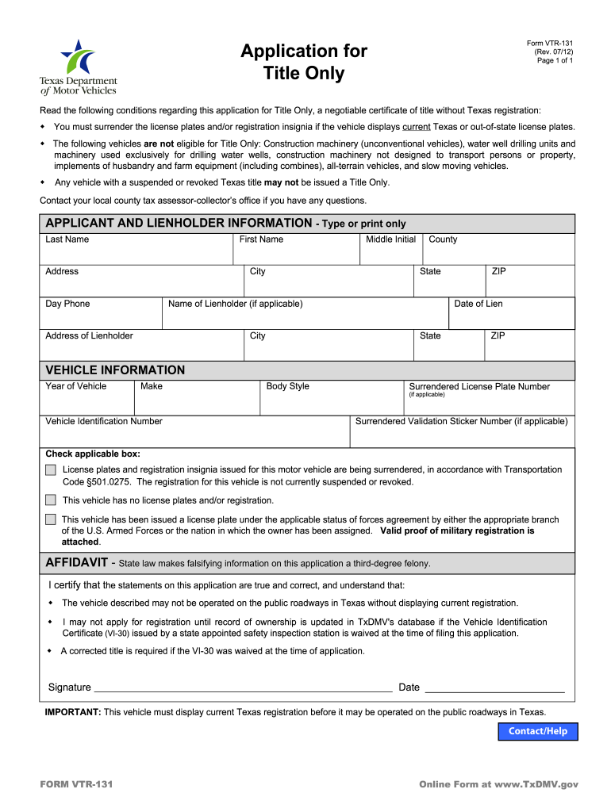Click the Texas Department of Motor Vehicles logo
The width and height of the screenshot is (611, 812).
click(79, 67)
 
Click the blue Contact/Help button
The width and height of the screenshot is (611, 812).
click(538, 731)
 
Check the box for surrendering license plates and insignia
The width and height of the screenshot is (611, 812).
click(51, 470)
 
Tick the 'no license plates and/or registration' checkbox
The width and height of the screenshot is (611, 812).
click(51, 500)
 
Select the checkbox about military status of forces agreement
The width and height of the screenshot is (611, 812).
click(51, 519)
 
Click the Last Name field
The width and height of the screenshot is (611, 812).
click(136, 252)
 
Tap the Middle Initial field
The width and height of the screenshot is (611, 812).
click(390, 252)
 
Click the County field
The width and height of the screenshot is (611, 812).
click(498, 252)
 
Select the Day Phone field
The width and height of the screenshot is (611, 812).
click(101, 317)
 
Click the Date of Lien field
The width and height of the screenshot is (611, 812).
click(511, 317)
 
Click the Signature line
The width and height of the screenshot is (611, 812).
click(242, 687)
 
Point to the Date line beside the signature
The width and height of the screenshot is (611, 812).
click(494, 687)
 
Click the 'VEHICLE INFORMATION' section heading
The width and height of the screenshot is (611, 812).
click(115, 370)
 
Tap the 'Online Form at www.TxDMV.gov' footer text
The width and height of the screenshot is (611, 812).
click(498, 784)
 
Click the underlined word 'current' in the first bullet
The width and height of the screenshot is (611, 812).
click(417, 127)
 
